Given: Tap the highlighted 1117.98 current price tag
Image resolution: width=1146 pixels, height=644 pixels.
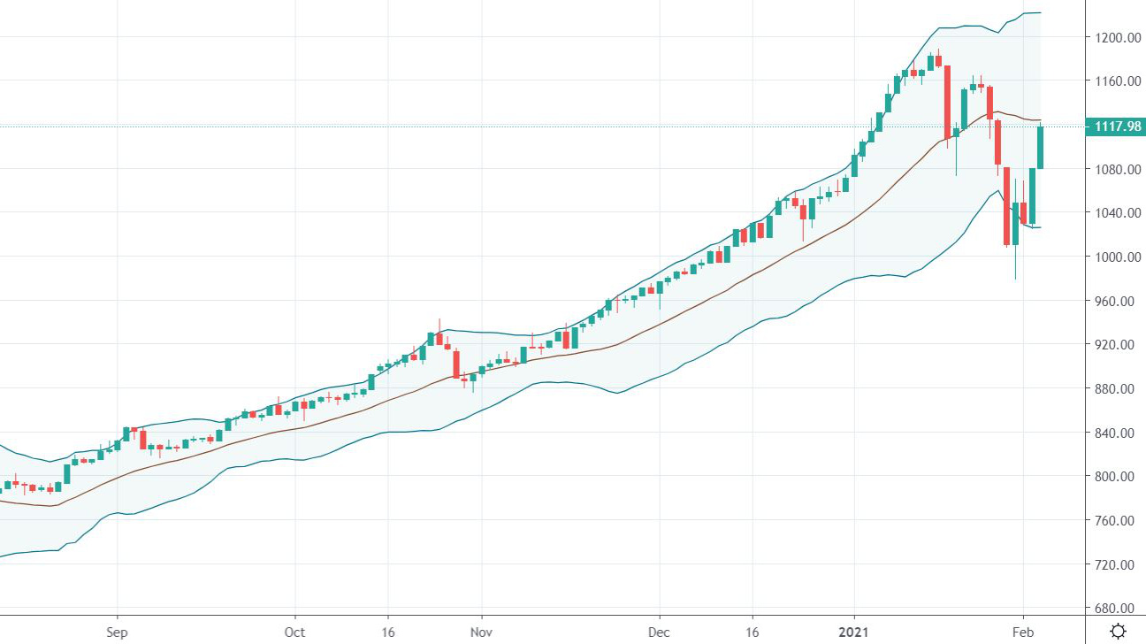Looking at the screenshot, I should [x=1118, y=126].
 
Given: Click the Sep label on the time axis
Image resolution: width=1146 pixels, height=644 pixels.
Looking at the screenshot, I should [x=117, y=632].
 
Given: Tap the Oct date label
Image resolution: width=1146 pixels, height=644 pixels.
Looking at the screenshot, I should [x=294, y=632].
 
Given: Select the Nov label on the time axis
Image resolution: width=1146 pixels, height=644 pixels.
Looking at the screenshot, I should [x=481, y=632].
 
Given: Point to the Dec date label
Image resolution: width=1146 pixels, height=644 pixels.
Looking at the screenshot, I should [x=659, y=632].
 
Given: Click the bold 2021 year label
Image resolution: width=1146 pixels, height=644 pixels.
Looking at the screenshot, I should [x=854, y=632].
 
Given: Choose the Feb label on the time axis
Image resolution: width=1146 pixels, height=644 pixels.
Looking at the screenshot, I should [x=1023, y=632].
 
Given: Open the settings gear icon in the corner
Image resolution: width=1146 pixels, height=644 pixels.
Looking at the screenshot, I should [x=1118, y=631].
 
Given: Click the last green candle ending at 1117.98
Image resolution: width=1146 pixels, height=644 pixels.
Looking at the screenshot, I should [x=1041, y=147].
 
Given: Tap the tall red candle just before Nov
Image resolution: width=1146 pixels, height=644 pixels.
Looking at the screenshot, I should [x=456, y=364].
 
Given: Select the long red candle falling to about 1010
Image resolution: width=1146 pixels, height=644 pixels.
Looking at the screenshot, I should [x=1006, y=205].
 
